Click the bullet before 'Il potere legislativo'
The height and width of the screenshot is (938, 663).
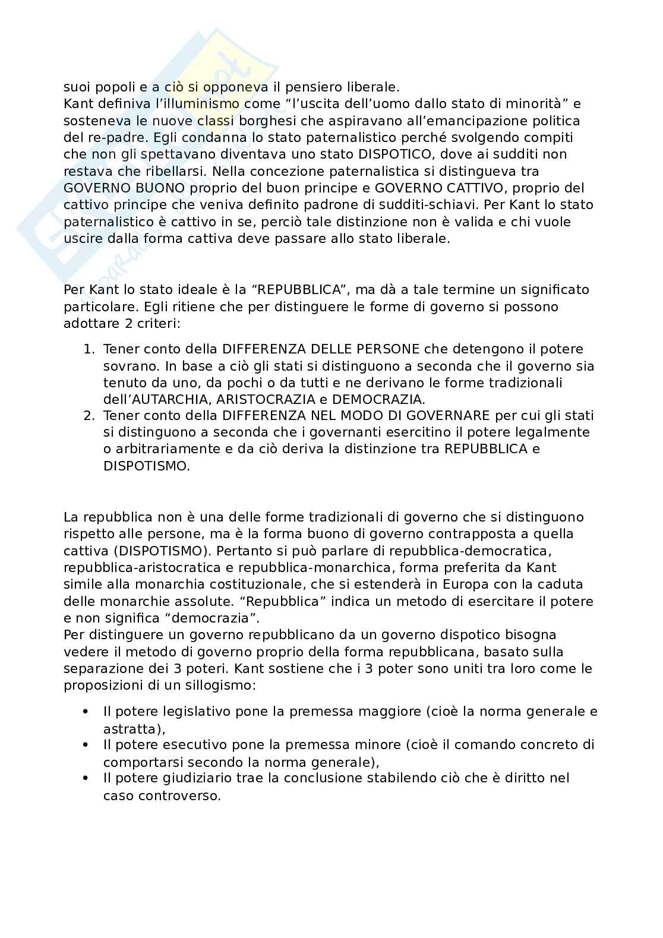(x=86, y=711)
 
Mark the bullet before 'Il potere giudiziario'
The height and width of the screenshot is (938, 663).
(x=86, y=778)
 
